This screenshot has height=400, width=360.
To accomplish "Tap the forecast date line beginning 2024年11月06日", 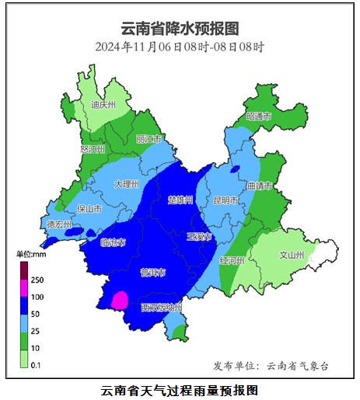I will [180, 47].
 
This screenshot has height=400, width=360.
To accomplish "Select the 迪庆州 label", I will [103, 104].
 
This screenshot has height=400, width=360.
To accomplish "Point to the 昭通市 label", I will [259, 116].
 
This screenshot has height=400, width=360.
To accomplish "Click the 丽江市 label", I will [148, 139].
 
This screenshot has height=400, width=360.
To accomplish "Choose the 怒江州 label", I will [92, 148].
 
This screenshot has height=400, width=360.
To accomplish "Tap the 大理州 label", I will [126, 185].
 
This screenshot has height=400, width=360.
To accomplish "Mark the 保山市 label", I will [90, 209].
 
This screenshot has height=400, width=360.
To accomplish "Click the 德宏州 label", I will [59, 224].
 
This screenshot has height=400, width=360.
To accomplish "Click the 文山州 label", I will [291, 254].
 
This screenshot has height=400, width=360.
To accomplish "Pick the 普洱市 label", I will [152, 272].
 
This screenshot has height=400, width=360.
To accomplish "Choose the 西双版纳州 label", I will [162, 308].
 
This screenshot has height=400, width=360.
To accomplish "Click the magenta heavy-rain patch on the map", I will [121, 300].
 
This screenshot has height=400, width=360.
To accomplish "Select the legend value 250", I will [37, 280].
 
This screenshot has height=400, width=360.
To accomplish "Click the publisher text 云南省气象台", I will [298, 365].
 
